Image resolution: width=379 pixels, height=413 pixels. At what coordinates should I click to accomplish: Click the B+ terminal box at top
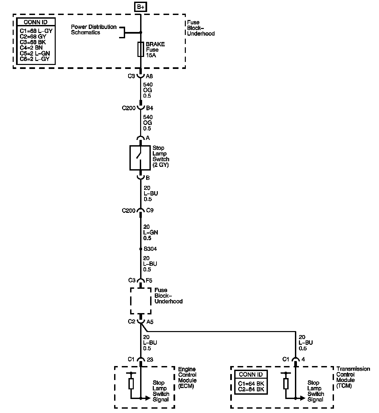(x=140, y=7)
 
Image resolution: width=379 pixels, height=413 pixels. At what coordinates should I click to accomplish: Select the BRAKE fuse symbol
(x=140, y=50)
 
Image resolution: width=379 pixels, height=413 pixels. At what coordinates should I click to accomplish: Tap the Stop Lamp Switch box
(x=140, y=158)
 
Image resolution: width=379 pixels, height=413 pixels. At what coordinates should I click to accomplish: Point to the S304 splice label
(x=150, y=249)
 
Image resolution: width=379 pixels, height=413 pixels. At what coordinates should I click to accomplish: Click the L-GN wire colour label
(x=151, y=232)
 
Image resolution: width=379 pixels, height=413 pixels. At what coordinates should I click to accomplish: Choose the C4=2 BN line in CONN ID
(x=31, y=48)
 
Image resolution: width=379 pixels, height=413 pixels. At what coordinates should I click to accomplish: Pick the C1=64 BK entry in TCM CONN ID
(x=251, y=383)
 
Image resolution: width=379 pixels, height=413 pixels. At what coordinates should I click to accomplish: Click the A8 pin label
(x=149, y=76)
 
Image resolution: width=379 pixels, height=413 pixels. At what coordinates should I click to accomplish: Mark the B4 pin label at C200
(x=149, y=108)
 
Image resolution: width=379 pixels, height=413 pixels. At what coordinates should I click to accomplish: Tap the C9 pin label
(x=150, y=210)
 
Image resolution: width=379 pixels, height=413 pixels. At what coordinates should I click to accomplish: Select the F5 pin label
(x=149, y=280)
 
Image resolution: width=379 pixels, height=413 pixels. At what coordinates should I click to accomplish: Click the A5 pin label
(x=150, y=322)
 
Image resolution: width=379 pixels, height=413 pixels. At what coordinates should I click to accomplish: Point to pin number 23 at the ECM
(x=150, y=359)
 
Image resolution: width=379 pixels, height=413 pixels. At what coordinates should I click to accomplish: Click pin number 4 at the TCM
(x=303, y=359)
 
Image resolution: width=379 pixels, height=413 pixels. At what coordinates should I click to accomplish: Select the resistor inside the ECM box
(x=131, y=384)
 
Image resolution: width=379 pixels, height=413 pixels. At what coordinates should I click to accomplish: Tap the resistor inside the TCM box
(x=286, y=384)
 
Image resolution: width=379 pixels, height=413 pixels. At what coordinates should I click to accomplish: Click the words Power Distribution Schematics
(x=93, y=30)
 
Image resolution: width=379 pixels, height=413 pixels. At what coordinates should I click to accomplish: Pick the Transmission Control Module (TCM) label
(x=353, y=377)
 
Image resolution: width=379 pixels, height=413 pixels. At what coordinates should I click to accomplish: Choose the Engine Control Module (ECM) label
(x=187, y=378)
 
